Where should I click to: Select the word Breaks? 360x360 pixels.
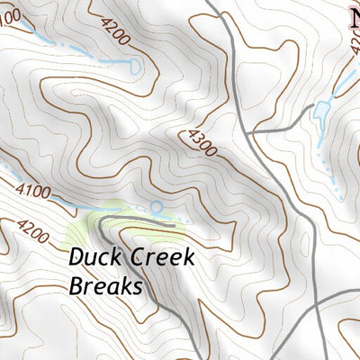pos(106,286)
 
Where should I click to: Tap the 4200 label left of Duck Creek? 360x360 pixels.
pos(31,231)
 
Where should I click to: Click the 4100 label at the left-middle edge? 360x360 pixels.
pos(34,190)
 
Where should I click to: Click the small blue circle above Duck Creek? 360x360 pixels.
pos(156,208)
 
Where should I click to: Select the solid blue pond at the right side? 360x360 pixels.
pos(321,112)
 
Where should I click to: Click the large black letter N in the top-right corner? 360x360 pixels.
pos(354,15)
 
